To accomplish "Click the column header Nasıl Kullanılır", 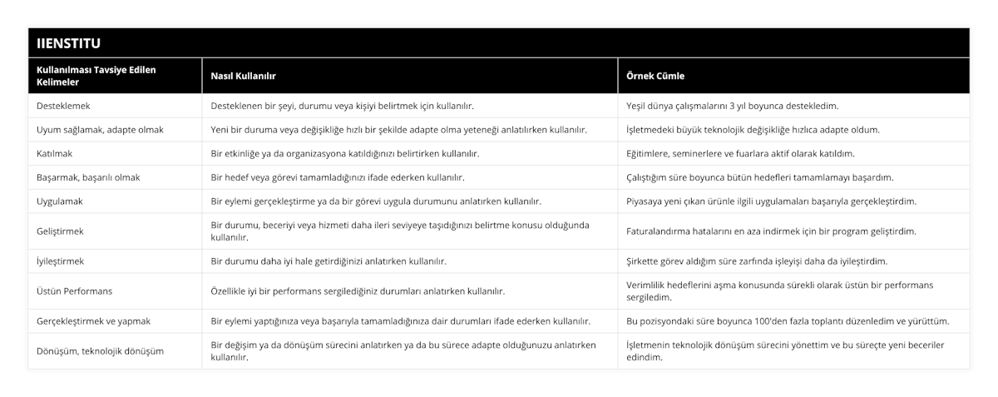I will pos(244,76).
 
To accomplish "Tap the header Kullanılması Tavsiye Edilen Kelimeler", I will pos(96,76).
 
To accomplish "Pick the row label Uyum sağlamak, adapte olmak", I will pos(100,130).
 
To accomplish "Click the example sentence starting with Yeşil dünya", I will pos(732,106).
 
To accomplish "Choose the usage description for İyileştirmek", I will pos(329,261).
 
